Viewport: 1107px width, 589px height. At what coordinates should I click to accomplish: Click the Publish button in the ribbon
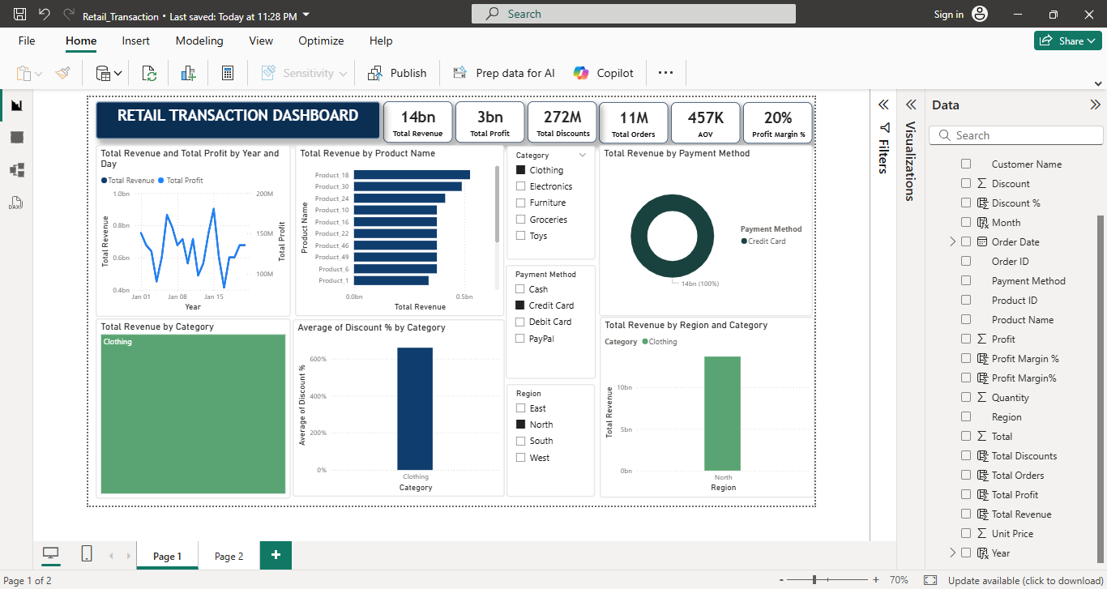(x=397, y=73)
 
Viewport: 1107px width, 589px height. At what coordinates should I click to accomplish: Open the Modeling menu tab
(x=199, y=41)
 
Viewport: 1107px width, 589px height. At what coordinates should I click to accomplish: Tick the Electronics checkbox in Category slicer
(x=521, y=186)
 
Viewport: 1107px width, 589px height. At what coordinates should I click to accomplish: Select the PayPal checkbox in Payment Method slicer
(x=521, y=339)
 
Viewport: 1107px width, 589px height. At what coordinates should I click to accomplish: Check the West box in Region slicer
(x=521, y=458)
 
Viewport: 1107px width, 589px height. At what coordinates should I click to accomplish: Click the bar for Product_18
(x=412, y=175)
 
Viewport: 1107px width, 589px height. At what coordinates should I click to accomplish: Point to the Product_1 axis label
(x=333, y=280)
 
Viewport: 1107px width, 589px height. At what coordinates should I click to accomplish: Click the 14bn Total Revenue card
(x=417, y=124)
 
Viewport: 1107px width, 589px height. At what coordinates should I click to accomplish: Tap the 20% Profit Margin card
(x=778, y=124)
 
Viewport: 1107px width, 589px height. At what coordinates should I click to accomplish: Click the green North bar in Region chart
(x=723, y=413)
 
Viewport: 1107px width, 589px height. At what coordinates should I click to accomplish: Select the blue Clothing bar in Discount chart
(x=415, y=409)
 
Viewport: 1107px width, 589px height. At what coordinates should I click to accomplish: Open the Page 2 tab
(x=229, y=557)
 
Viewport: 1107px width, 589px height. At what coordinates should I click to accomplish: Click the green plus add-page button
(x=276, y=555)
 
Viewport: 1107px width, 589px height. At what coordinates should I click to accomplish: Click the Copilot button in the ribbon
(x=604, y=73)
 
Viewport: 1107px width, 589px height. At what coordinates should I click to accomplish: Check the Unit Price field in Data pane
(x=966, y=533)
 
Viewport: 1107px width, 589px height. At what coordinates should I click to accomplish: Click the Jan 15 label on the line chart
(x=214, y=297)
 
